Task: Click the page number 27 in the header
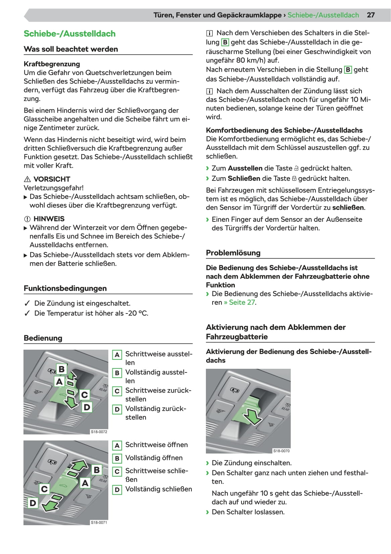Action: point(371,15)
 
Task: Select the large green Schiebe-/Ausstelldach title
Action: point(69,34)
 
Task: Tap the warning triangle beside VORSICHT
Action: point(27,179)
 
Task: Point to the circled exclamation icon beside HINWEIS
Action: point(27,219)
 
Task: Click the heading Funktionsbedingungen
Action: point(65,288)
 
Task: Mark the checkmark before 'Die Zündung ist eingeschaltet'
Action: point(27,303)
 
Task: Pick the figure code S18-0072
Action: point(99,432)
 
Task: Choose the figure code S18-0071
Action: point(99,523)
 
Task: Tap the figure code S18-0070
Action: point(281,451)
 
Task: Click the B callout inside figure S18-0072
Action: point(61,369)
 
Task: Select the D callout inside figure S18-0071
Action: point(33,503)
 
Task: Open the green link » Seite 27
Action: point(240,302)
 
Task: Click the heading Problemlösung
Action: point(233,253)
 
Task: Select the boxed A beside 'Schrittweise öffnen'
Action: point(117,445)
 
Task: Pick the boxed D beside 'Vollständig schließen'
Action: point(117,490)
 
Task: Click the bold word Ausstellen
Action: point(245,168)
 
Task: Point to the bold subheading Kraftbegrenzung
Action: point(52,64)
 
